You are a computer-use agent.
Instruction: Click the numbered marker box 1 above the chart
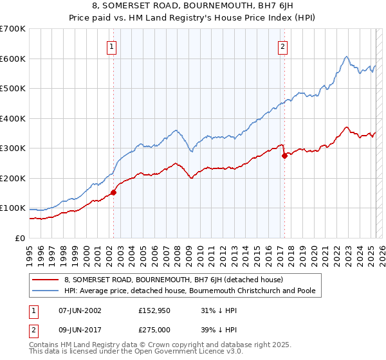point(113,46)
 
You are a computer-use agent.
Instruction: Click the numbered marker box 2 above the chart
point(283,46)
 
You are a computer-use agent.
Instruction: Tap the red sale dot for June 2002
point(113,192)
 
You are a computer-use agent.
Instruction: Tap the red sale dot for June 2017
point(284,156)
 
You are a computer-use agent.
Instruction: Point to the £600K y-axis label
point(13,59)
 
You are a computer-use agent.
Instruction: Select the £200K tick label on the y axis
point(13,178)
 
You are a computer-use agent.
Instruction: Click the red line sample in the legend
point(45,280)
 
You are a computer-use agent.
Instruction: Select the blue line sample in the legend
point(45,291)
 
